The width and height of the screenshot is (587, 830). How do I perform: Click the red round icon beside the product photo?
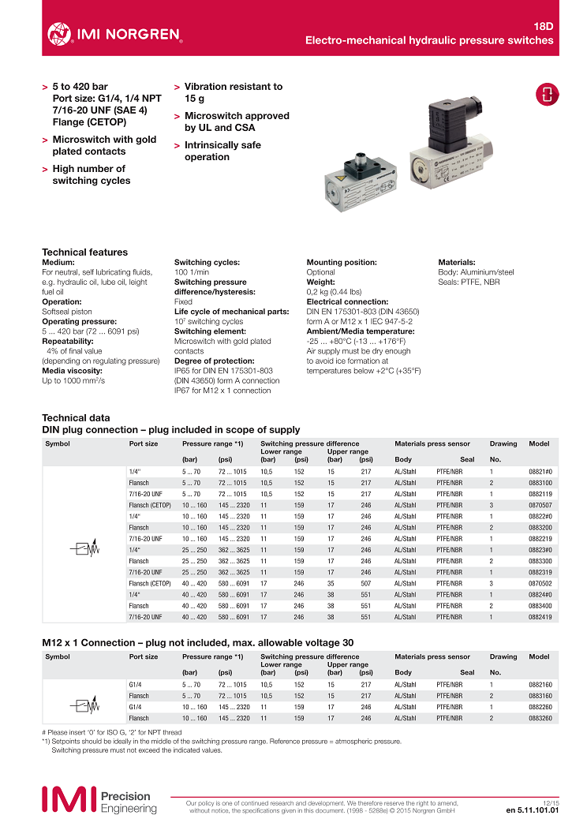(x=546, y=93)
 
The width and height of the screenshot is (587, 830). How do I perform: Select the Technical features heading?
(x=84, y=252)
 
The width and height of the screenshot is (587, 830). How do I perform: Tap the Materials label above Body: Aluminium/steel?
(x=457, y=262)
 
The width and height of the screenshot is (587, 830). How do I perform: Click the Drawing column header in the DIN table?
(x=503, y=444)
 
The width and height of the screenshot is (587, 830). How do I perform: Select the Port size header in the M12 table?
(x=144, y=656)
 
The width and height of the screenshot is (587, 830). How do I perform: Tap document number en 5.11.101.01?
(x=532, y=809)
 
